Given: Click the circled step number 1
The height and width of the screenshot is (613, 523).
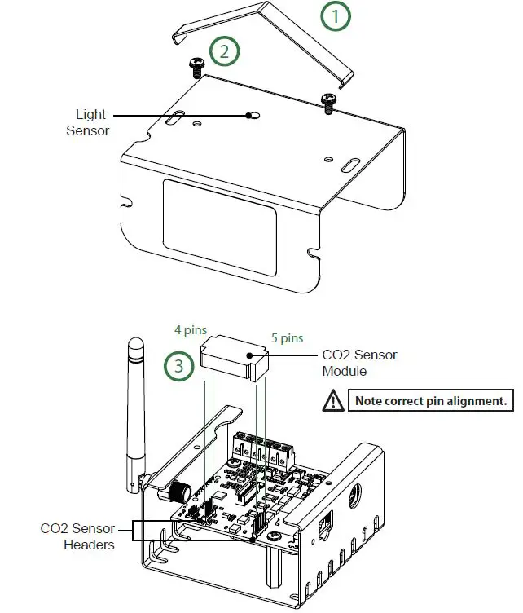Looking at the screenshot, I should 335,17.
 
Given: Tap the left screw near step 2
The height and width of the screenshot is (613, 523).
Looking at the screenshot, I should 196,66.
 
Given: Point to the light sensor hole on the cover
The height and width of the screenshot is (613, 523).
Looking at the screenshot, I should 253,117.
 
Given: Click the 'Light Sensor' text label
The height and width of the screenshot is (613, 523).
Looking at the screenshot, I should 90,122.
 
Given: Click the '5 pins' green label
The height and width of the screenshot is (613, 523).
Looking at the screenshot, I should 287,337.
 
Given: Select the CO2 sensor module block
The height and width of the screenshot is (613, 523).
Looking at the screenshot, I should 235,357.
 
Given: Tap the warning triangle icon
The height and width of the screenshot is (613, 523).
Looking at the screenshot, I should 333,400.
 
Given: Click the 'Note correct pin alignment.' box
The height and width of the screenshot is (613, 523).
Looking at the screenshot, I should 432,400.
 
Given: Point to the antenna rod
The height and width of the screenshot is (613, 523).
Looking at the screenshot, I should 135,408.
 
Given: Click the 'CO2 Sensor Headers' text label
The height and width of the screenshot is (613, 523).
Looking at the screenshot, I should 77,536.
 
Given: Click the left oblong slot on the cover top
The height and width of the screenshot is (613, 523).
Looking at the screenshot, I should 173,120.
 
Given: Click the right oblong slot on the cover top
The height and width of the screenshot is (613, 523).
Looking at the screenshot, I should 348,167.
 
